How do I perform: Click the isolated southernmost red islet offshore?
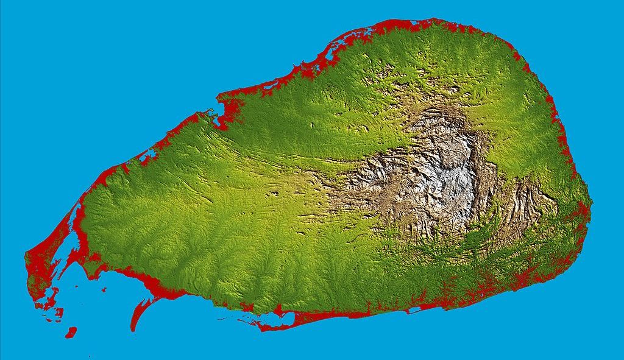(x=71, y=332)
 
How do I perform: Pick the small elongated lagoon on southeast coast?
(x=414, y=310)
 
